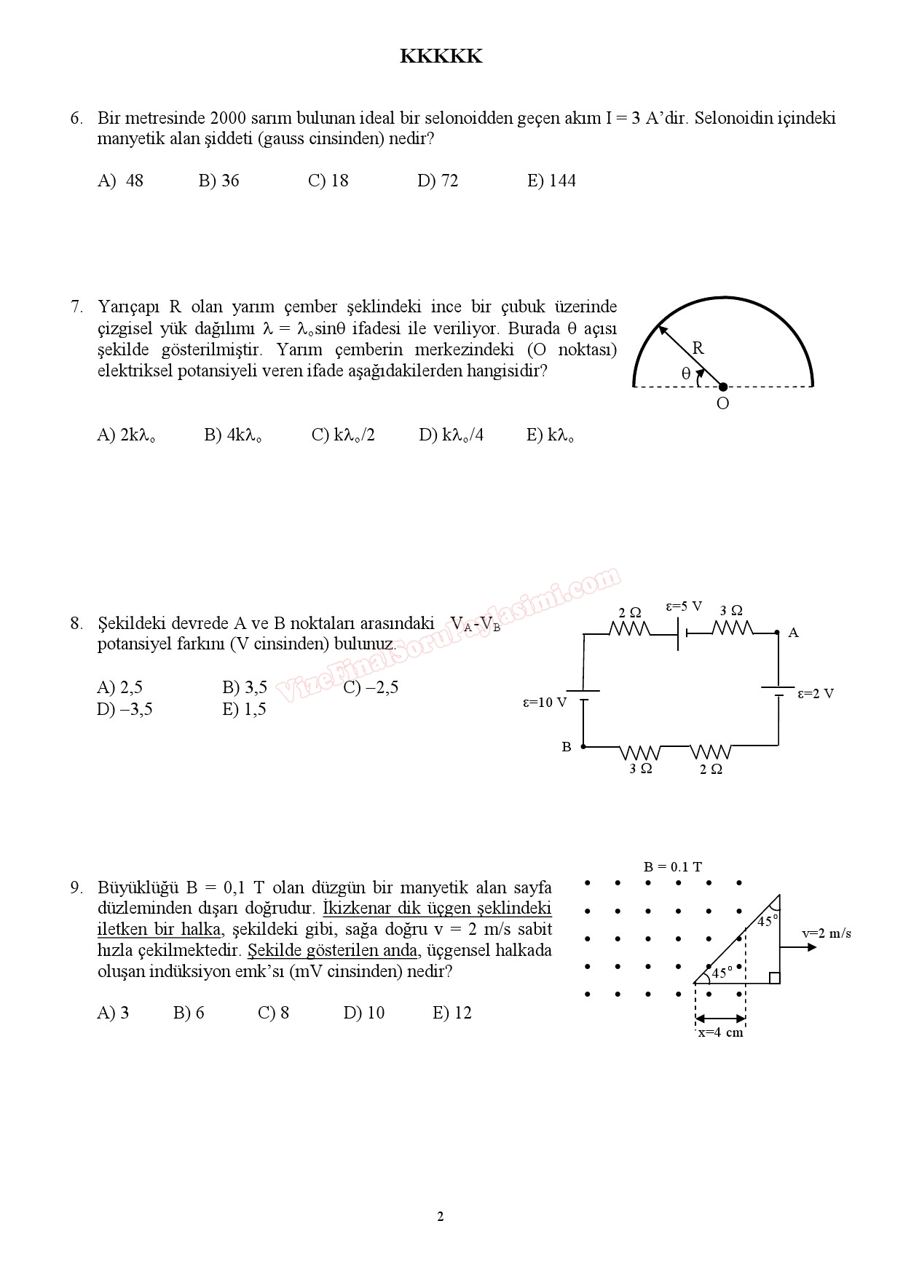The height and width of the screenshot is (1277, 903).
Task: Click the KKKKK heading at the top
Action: (x=441, y=57)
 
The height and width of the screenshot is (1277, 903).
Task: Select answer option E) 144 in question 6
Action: (x=551, y=181)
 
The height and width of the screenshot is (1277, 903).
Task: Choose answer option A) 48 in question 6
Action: (x=120, y=181)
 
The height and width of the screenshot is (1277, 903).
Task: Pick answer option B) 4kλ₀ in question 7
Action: (x=233, y=435)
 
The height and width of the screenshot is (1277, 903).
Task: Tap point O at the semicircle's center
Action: (x=722, y=387)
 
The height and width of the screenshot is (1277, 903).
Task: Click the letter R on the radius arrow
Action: (x=698, y=348)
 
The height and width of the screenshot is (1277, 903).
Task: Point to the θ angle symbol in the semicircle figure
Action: (x=685, y=373)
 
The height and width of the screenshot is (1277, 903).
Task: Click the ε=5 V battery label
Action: (x=684, y=606)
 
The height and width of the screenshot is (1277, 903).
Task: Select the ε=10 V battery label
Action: (x=544, y=703)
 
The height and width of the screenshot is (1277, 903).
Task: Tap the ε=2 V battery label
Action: (x=816, y=694)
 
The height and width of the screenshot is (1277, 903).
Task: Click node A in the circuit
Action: (x=778, y=633)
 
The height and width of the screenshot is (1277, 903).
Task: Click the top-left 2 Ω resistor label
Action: (x=630, y=612)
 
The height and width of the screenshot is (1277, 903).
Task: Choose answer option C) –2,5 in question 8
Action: (x=371, y=687)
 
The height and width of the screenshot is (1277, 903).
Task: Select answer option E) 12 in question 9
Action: (x=452, y=1013)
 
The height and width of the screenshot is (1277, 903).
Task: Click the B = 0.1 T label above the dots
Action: (x=673, y=867)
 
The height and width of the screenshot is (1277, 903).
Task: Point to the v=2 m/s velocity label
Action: (x=827, y=933)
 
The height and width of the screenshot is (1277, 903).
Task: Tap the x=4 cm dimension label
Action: (x=720, y=1032)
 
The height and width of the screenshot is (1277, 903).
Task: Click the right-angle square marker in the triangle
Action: (x=774, y=978)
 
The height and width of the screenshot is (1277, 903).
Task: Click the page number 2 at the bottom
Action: (x=441, y=1217)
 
